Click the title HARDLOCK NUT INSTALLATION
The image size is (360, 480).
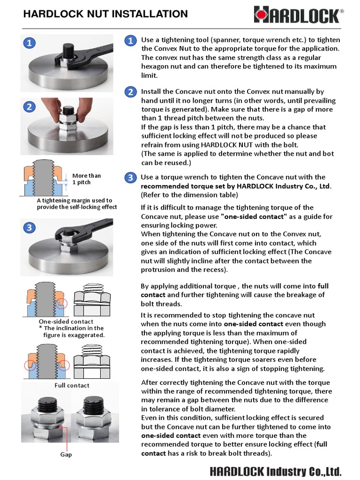click(105, 14)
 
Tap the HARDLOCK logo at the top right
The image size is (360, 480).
click(299, 15)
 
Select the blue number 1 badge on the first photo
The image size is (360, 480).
click(29, 43)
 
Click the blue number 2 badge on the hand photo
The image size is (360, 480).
click(29, 106)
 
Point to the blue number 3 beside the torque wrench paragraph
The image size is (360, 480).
click(130, 178)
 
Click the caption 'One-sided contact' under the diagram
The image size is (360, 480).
click(66, 322)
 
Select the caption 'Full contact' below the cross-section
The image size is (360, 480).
click(72, 385)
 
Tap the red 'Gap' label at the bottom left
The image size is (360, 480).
click(66, 455)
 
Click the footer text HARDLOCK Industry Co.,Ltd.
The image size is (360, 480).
click(276, 471)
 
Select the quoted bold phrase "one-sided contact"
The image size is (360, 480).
click(254, 217)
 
